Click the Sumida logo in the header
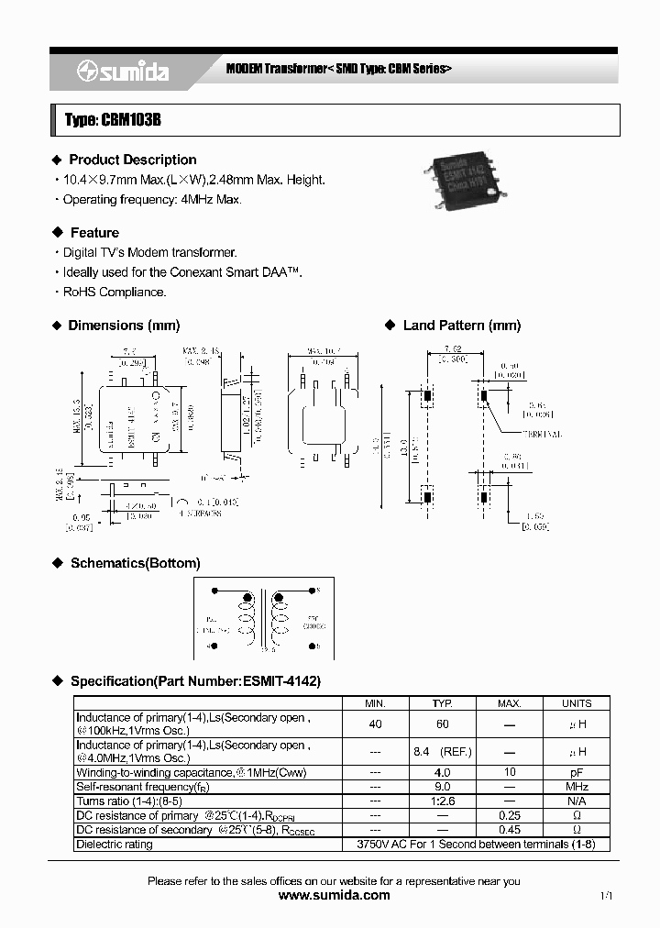123,72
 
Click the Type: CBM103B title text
113,120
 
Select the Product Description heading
132,160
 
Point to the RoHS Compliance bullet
115,292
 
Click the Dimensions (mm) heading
124,326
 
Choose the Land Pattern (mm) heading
461,326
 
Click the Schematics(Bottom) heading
135,563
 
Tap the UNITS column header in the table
577,703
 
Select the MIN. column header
375,703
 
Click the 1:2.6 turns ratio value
442,801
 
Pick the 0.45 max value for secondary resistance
510,830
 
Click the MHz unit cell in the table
577,787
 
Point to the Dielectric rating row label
115,844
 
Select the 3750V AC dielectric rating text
475,844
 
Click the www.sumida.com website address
334,895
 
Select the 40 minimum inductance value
375,724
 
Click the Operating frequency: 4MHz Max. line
151,199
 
